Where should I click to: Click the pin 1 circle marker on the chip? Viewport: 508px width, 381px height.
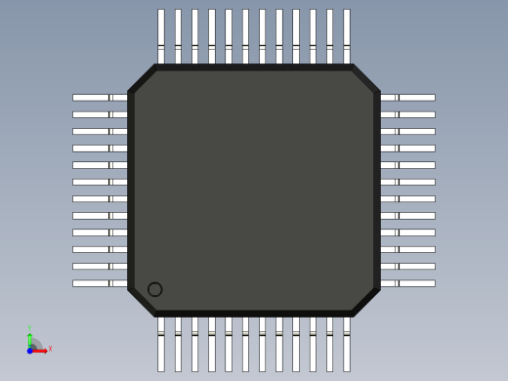(154, 289)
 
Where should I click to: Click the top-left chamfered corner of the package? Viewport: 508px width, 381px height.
(143, 79)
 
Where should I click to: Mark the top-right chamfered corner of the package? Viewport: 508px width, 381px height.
(365, 79)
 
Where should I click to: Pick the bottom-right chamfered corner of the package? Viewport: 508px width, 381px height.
(365, 302)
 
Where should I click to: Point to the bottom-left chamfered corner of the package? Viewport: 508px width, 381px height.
(143, 302)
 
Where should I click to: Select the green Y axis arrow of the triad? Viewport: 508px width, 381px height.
(29, 337)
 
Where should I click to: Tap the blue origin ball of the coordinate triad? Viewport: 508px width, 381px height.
(30, 350)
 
